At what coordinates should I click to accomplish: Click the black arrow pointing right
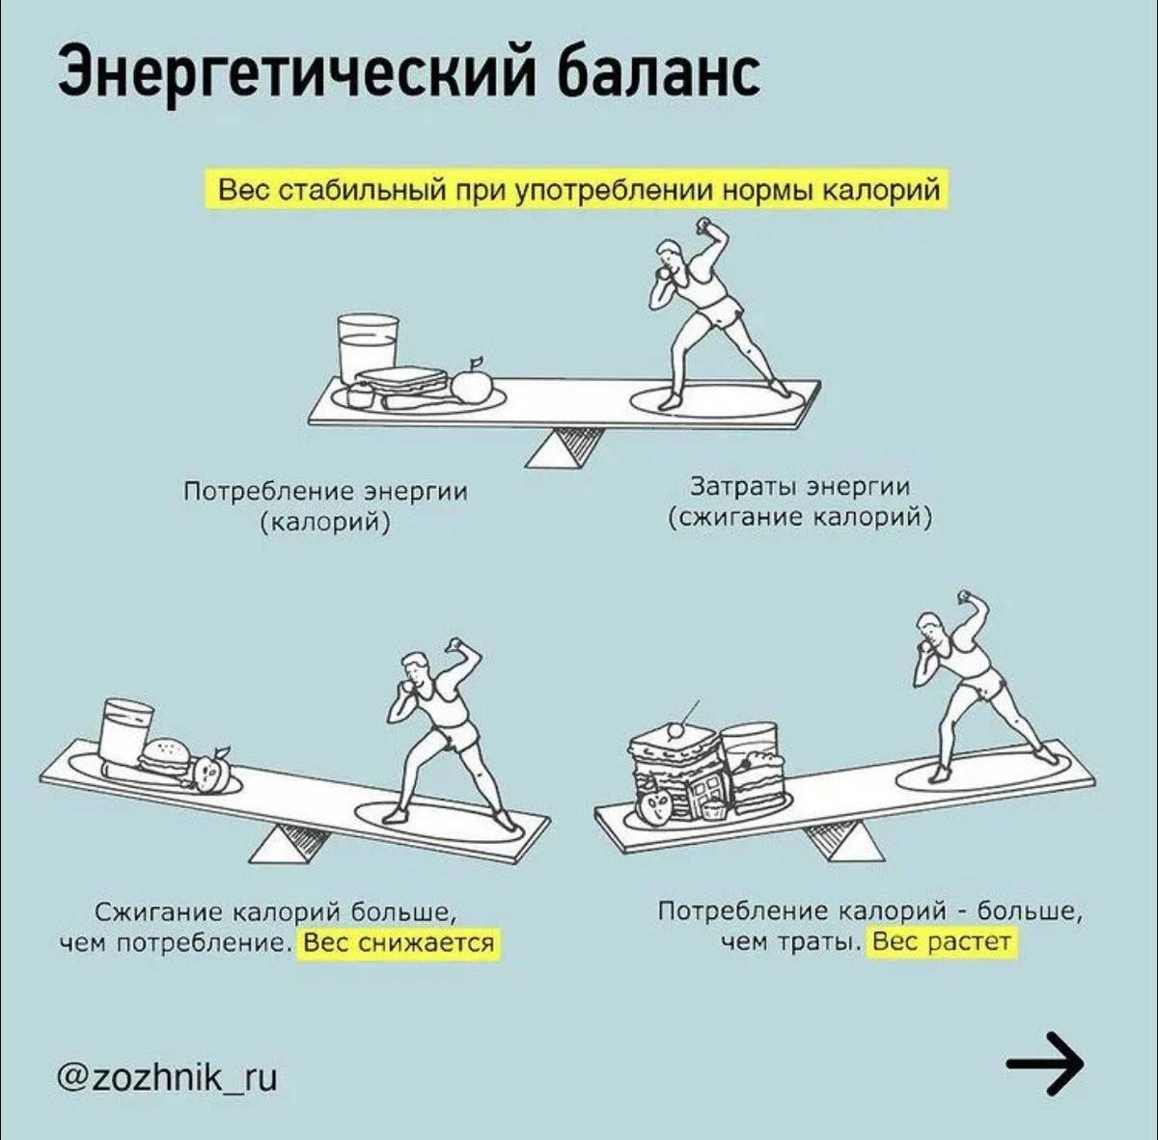tap(1045, 1063)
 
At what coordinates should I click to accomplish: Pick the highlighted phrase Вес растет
tap(942, 940)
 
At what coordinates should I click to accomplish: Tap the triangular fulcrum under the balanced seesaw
tap(565, 448)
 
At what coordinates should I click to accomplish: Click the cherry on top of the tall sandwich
tap(675, 730)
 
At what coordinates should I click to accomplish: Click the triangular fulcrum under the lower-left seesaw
tap(288, 845)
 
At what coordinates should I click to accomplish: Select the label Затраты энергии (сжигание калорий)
tap(800, 502)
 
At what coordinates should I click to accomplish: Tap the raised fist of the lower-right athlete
tap(964, 595)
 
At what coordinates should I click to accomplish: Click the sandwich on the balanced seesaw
tap(401, 380)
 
